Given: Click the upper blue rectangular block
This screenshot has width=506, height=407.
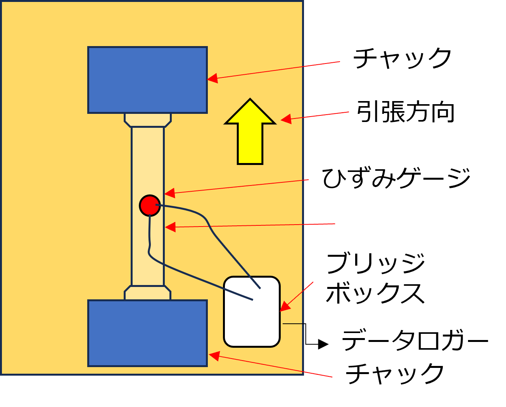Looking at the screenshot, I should pos(147,80).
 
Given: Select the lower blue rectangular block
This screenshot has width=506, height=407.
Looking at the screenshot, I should pos(147,333).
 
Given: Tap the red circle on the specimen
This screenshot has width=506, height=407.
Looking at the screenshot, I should pos(150,206).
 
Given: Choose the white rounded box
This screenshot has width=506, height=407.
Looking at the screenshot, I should pos(252,321).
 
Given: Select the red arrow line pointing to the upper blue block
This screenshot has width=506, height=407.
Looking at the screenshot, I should pos(279,70).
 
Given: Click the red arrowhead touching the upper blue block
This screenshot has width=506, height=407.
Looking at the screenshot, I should pos(212,79).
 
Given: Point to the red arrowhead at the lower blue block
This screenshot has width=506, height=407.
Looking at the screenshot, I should pos(214,355).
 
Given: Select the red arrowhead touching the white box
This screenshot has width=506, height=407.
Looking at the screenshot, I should pos(284,307).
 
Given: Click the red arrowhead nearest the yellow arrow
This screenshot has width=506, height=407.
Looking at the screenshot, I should pos(286,119).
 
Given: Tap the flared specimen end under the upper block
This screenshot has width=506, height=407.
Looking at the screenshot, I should pos(148,120).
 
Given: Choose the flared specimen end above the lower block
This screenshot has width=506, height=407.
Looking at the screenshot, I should pos(148,293).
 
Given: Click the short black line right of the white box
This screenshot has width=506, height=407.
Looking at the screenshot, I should pos(292,324).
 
